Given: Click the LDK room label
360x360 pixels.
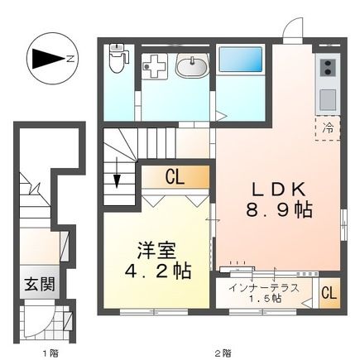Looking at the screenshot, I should pyautogui.click(x=275, y=187).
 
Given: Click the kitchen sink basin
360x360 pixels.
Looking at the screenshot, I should pyautogui.click(x=325, y=97).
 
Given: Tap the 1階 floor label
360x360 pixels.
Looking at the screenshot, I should pyautogui.click(x=49, y=352).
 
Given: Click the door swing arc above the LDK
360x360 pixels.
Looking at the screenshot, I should pyautogui.click(x=293, y=28).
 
